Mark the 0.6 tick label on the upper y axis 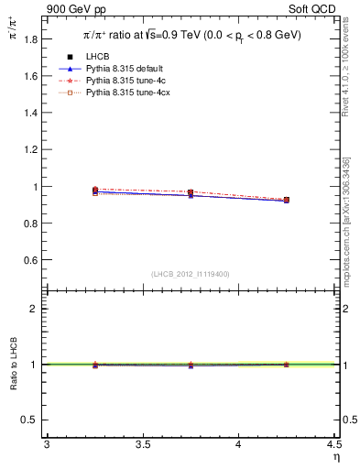(30, 260)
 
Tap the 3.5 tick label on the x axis (142, 445)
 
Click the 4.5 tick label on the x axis (333, 445)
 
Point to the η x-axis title (336, 456)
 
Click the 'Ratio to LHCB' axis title (13, 365)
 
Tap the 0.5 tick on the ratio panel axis (30, 420)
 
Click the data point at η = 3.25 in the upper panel (94, 191)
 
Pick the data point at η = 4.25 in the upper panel (286, 200)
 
